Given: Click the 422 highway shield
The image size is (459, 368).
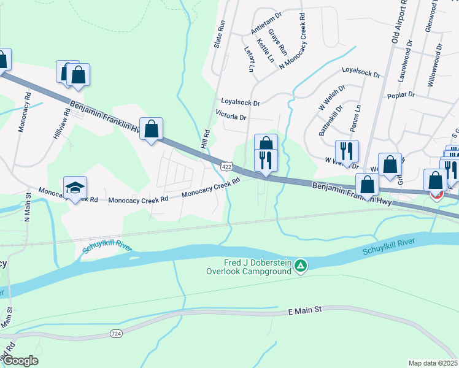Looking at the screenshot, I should point(227,166).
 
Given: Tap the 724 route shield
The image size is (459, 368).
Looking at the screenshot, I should point(115,333).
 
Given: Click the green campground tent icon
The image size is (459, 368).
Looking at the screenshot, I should point(301,266).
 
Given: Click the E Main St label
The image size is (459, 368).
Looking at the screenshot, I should point(305,312).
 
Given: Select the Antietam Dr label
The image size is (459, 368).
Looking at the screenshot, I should point(266,23).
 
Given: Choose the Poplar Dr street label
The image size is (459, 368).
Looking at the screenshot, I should point(401,95).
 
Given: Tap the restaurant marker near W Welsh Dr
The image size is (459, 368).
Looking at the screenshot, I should point(347,151).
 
